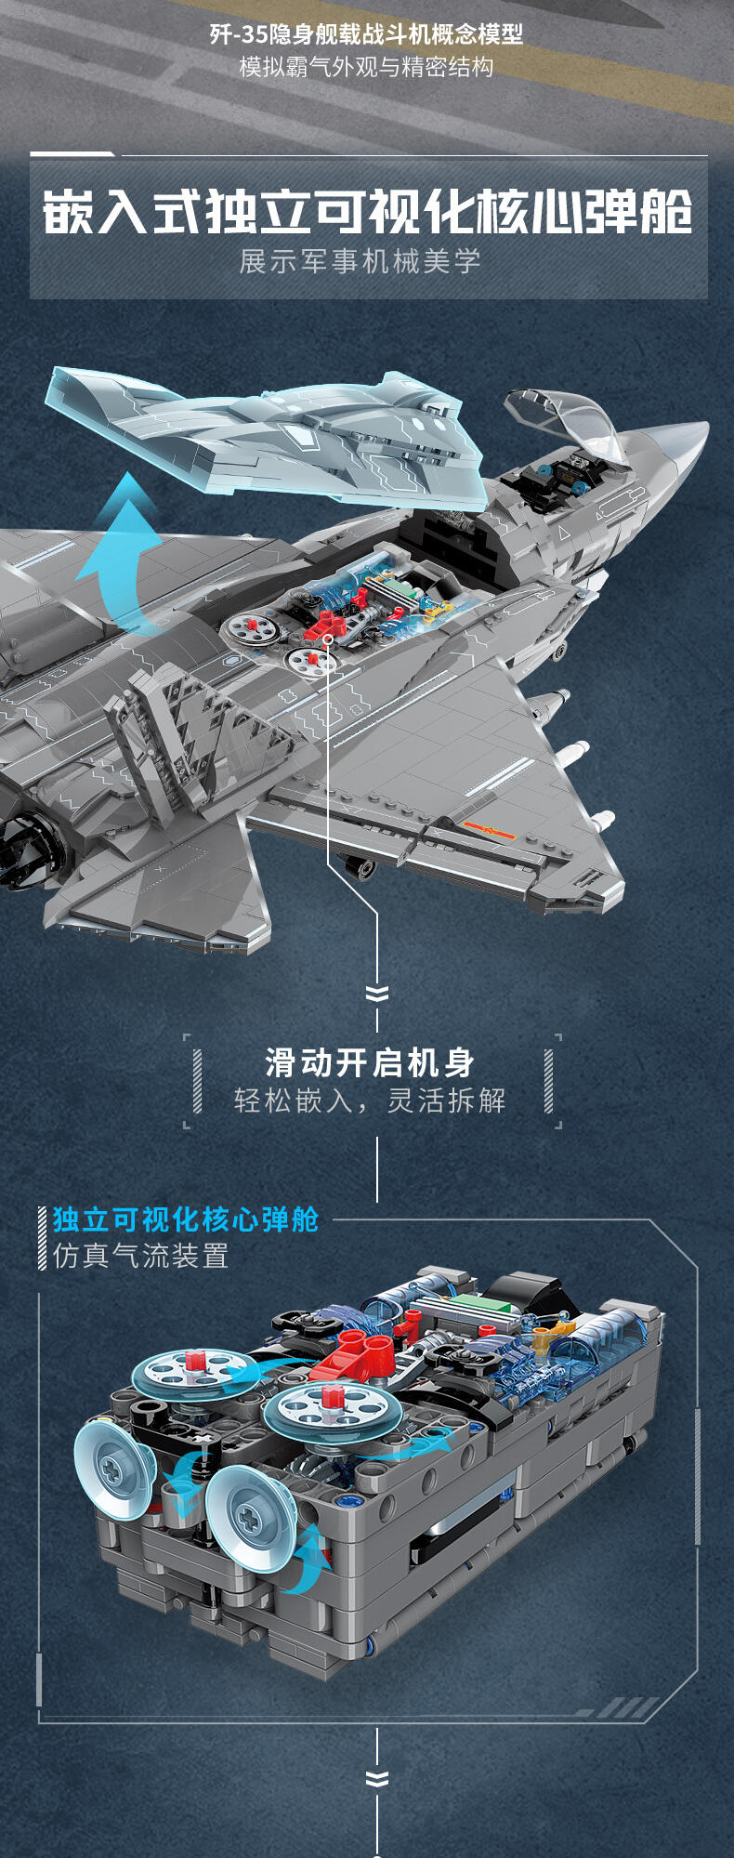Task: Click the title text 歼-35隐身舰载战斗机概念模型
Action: tap(366, 35)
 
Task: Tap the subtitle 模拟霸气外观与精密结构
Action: tap(366, 67)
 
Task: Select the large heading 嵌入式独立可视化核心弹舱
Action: tap(368, 212)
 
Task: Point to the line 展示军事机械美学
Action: tap(360, 261)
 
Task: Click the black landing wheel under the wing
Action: tap(360, 867)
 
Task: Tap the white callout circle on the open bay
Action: tap(328, 639)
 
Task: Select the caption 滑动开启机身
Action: tap(370, 1061)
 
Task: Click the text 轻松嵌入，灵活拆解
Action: tap(370, 1100)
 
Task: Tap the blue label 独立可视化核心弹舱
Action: tap(186, 1219)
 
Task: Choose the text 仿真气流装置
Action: tap(140, 1256)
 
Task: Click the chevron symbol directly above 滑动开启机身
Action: tap(376, 994)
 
